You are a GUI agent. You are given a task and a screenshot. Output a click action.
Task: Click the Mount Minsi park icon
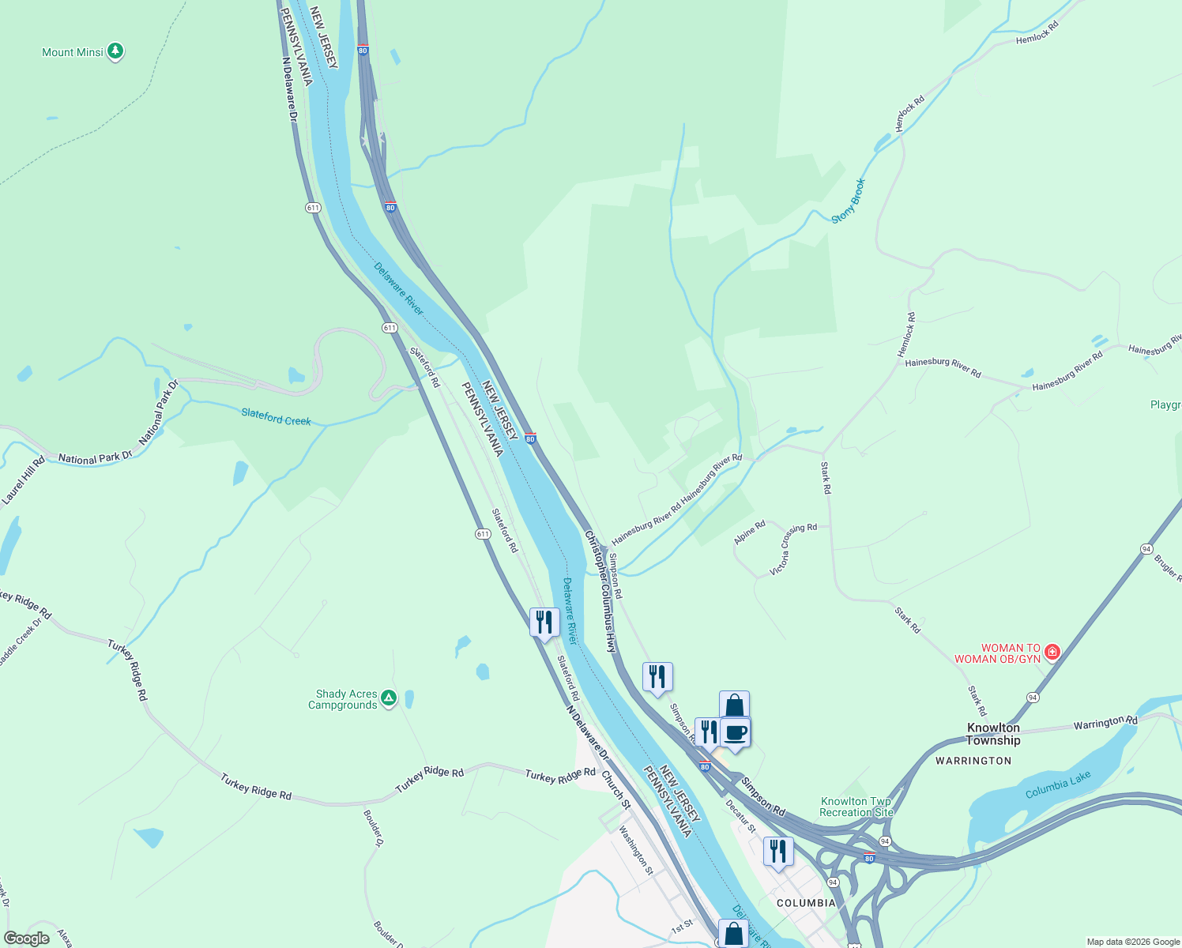pyautogui.click(x=115, y=51)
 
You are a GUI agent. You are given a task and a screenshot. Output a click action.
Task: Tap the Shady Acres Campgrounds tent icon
pyautogui.click(x=388, y=698)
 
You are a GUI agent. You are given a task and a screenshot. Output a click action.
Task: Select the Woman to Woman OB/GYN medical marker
pyautogui.click(x=1052, y=653)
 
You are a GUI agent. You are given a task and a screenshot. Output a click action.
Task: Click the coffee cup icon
pyautogui.click(x=735, y=732)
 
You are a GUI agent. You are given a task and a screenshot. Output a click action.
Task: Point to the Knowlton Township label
pyautogui.click(x=993, y=734)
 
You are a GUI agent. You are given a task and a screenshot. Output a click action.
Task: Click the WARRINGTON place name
pyautogui.click(x=973, y=761)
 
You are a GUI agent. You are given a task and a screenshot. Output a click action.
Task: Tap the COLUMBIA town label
pyautogui.click(x=806, y=903)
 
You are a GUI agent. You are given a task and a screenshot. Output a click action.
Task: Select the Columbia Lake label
pyautogui.click(x=1058, y=785)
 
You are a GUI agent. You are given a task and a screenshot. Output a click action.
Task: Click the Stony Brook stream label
pyautogui.click(x=849, y=201)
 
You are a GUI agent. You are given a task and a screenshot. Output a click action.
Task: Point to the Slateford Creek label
pyautogui.click(x=276, y=417)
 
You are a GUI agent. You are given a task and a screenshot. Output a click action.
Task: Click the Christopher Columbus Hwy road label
pyautogui.click(x=600, y=591)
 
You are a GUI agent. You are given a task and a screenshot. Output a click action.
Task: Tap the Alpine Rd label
pyautogui.click(x=750, y=532)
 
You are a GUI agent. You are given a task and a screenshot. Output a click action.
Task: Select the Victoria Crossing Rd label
pyautogui.click(x=793, y=549)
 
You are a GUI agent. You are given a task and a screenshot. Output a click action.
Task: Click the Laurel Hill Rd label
pyautogui.click(x=24, y=480)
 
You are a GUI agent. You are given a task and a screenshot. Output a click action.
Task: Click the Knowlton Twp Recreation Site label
pyautogui.click(x=856, y=807)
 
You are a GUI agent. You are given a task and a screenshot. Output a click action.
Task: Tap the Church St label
pyautogui.click(x=616, y=790)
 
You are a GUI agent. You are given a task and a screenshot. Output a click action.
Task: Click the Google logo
pyautogui.click(x=27, y=939)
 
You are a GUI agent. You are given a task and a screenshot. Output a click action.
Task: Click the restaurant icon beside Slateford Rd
pyautogui.click(x=544, y=623)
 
